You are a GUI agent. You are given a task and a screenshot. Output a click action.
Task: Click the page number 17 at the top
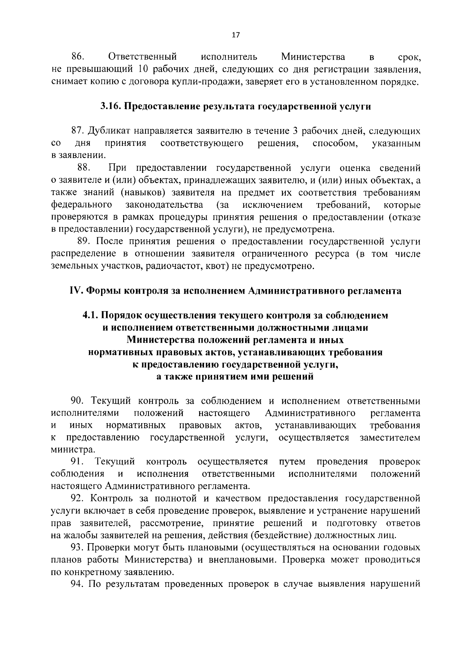coord(236,35)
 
